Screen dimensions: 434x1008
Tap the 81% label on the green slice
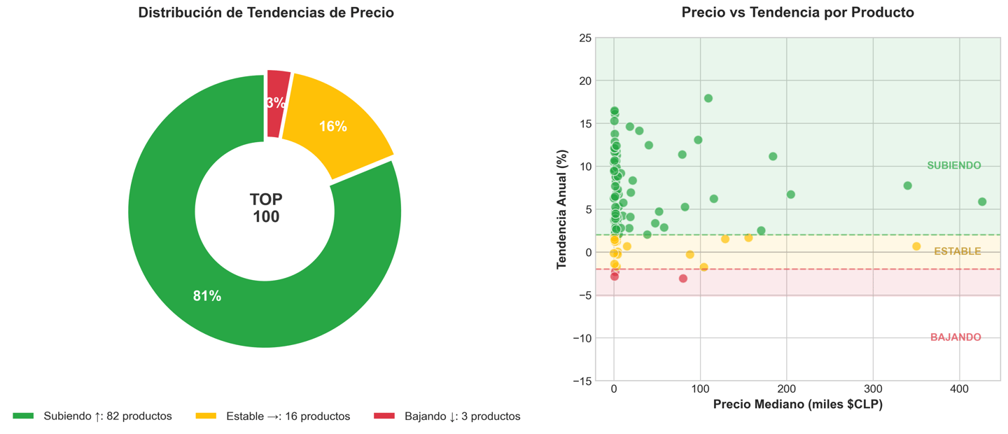click(207, 296)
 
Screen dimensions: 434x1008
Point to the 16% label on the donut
click(333, 127)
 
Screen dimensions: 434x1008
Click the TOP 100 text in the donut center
click(266, 209)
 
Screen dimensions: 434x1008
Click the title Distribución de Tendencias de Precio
click(266, 13)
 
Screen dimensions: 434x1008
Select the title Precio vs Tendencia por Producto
click(797, 13)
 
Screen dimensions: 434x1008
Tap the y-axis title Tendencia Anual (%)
click(561, 209)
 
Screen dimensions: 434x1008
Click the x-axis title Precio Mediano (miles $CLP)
click(797, 405)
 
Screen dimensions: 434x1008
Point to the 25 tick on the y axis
click(584, 38)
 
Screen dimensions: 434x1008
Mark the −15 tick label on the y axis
click(580, 381)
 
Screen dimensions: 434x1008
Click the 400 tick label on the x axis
click(959, 389)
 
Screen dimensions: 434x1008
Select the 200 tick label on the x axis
click(787, 389)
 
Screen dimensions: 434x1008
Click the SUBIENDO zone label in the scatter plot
click(953, 166)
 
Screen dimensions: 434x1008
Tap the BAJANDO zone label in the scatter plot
click(955, 337)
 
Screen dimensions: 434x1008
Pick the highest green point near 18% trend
click(708, 99)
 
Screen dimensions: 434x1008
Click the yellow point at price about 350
click(916, 246)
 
